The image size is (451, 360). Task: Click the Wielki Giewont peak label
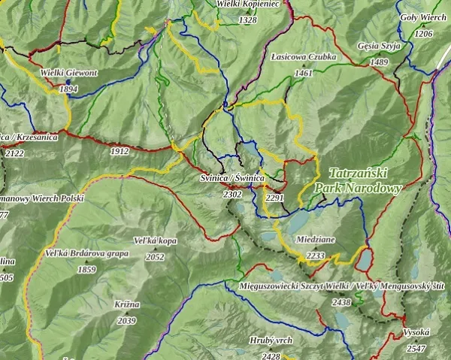pyautogui.click(x=68, y=74)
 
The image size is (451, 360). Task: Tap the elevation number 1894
pyautogui.click(x=68, y=88)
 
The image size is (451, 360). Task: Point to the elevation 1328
pyautogui.click(x=247, y=20)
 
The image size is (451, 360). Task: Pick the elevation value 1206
pyautogui.click(x=423, y=34)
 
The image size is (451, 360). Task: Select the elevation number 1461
pyautogui.click(x=304, y=73)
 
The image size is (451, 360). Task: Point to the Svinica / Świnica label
pyautogui.click(x=232, y=178)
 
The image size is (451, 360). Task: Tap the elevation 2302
pyautogui.click(x=232, y=194)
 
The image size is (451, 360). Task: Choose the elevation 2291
pyautogui.click(x=275, y=198)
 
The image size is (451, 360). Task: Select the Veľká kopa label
pyautogui.click(x=154, y=241)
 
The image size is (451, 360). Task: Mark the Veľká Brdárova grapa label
pyautogui.click(x=86, y=253)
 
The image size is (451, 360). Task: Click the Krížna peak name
pyautogui.click(x=127, y=304)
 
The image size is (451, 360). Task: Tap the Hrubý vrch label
pyautogui.click(x=272, y=340)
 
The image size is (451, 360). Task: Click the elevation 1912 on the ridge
pyautogui.click(x=119, y=151)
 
